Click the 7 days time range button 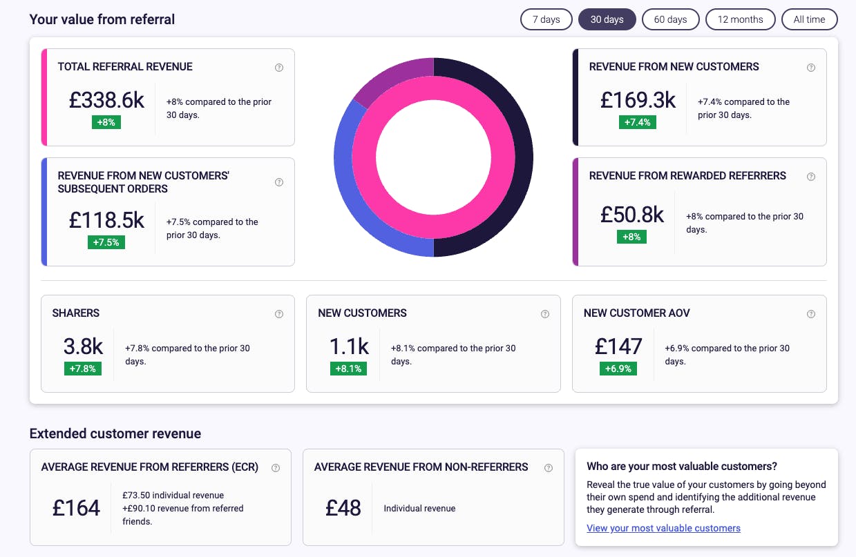pyautogui.click(x=546, y=19)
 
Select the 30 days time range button pyautogui.click(x=607, y=19)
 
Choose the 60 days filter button pyautogui.click(x=670, y=19)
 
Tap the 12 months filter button pyautogui.click(x=740, y=19)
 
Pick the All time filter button pyautogui.click(x=809, y=19)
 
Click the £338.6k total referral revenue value pyautogui.click(x=106, y=100)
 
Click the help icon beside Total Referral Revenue pyautogui.click(x=279, y=68)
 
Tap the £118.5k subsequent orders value pyautogui.click(x=106, y=220)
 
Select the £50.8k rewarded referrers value pyautogui.click(x=631, y=215)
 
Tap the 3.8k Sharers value pyautogui.click(x=83, y=346)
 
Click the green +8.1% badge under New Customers pyautogui.click(x=349, y=369)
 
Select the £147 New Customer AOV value pyautogui.click(x=618, y=346)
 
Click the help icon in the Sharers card pyautogui.click(x=279, y=314)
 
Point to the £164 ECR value pyautogui.click(x=76, y=508)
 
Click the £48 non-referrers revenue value pyautogui.click(x=343, y=508)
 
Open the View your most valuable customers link pyautogui.click(x=663, y=528)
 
